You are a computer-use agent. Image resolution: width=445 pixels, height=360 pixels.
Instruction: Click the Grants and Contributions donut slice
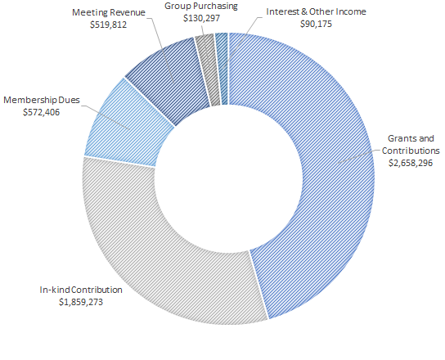coord(327,164)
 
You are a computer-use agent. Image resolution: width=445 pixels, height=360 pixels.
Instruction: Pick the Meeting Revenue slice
coord(168,78)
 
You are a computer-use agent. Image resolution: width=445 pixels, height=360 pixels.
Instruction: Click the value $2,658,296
coord(411,163)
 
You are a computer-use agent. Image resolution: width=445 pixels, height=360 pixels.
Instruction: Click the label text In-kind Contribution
coord(81,290)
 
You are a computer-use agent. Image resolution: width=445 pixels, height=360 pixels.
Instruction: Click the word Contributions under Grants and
coord(411,151)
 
